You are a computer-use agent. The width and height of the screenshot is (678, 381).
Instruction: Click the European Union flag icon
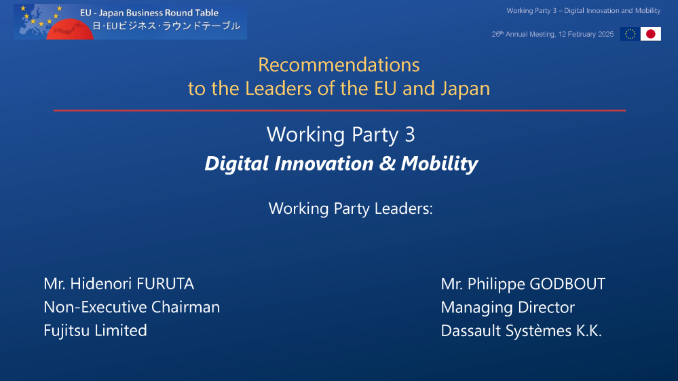point(629,34)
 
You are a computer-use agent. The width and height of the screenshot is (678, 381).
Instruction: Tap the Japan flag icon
point(651,34)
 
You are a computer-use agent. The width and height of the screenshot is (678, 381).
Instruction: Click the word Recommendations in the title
point(339,65)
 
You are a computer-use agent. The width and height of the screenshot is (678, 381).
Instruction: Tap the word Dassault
point(471,331)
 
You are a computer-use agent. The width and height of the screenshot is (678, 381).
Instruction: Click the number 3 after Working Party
point(409,134)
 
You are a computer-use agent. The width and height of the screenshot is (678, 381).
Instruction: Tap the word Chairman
point(185,307)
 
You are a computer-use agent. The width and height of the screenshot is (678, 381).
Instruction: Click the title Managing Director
point(508,307)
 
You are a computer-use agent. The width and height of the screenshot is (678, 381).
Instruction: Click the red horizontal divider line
point(339,110)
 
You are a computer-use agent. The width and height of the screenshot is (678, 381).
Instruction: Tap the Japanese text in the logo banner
point(166,26)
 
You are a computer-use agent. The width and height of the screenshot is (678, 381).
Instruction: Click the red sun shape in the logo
point(71,29)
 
